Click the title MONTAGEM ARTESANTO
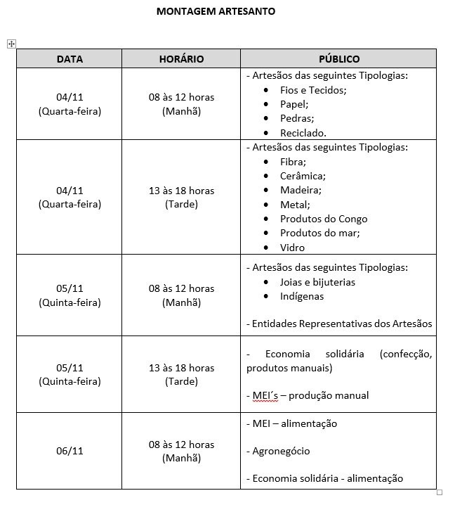point(216,11)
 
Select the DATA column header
point(70,59)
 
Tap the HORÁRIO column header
point(181,59)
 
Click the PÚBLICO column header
point(338,59)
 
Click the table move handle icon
point(11,44)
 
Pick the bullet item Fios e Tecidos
point(313,90)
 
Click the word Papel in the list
point(294,104)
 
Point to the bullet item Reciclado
point(303,132)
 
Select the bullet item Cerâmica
point(302,176)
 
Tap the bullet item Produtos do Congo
point(323,219)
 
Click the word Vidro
point(292,248)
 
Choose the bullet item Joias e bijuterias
point(317,282)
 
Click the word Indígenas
point(302,296)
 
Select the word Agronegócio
point(281,451)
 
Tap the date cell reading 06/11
point(70,451)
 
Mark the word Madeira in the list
point(300,190)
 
